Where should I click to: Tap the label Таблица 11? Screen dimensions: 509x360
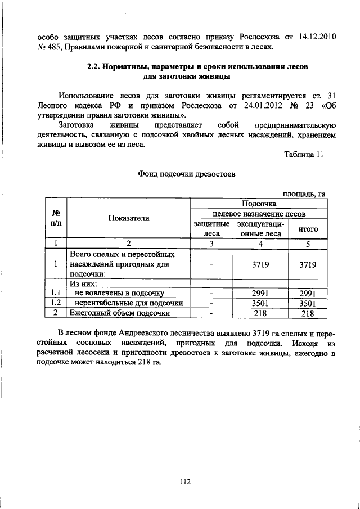coord(304,156)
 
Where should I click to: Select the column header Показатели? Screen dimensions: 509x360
coord(129,219)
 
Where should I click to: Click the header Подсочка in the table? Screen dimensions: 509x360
coord(259,204)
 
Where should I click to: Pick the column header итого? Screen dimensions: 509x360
coord(308,229)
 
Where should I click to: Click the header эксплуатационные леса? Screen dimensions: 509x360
coord(259,229)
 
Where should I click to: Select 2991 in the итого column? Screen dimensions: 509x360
coord(308,293)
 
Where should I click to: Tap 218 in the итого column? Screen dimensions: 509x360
coord(308,313)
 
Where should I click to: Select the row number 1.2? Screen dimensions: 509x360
coord(56,303)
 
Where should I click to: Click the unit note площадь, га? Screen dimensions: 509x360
coord(304,193)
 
